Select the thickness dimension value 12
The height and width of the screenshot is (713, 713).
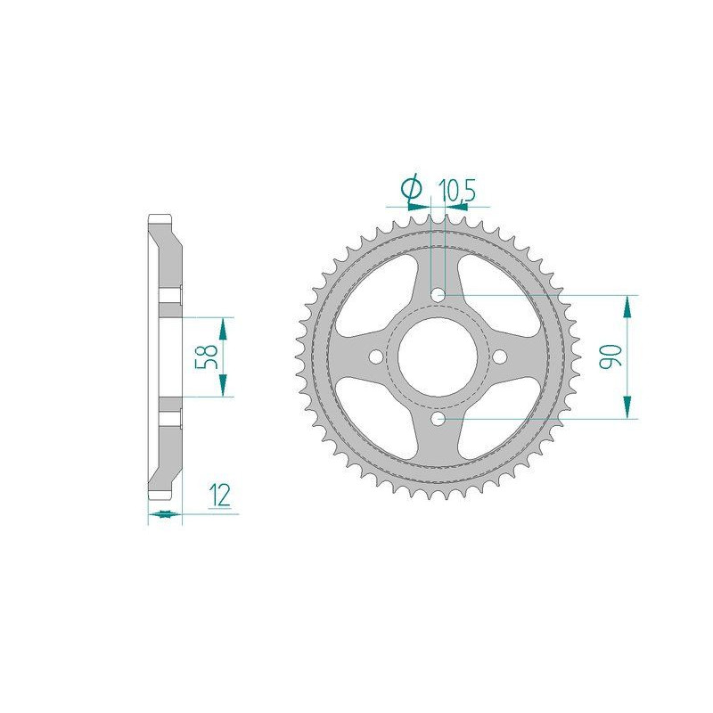pyautogui.click(x=220, y=496)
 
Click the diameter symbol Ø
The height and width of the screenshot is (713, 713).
pyautogui.click(x=411, y=188)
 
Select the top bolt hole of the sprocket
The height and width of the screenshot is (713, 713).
pyautogui.click(x=438, y=294)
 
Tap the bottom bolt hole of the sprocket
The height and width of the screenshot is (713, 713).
pyautogui.click(x=438, y=417)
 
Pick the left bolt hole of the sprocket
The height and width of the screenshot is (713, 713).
pyautogui.click(x=376, y=356)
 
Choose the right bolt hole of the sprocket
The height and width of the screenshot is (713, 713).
pyautogui.click(x=499, y=356)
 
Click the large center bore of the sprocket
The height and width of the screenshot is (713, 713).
pyautogui.click(x=438, y=356)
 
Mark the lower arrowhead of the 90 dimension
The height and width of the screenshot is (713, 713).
pyautogui.click(x=630, y=406)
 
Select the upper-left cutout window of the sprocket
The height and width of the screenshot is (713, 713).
pyautogui.click(x=380, y=294)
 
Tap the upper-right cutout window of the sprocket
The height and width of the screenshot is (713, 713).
pyautogui.click(x=496, y=294)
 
